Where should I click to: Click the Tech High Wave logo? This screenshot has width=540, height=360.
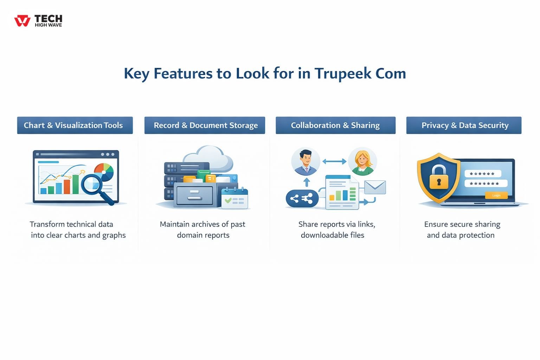coord(38,21)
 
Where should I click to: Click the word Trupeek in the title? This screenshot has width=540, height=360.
coord(343,73)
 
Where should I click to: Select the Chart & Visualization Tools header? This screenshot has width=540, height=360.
coord(75,125)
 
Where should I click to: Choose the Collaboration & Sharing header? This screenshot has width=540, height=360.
coord(335,125)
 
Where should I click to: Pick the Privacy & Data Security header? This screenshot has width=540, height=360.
coord(464,125)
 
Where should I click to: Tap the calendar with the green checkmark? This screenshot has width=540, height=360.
coord(235,199)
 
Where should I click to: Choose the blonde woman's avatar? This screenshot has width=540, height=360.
coord(362,162)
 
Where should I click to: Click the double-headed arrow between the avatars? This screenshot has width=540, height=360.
coord(334,161)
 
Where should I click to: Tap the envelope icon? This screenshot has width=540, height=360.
coord(375,187)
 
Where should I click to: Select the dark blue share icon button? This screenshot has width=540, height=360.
coord(302,199)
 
